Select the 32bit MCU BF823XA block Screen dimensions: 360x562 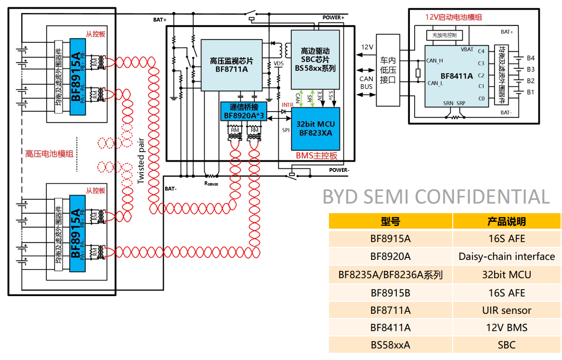point(315,128)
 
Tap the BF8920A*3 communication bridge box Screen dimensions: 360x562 point(244,111)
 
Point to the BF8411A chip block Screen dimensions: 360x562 point(456,76)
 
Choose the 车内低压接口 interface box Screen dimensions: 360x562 point(388,70)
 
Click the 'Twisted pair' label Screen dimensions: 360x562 point(141,162)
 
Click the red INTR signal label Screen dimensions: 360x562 point(288,105)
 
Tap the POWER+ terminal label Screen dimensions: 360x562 point(333,17)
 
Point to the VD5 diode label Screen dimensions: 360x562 point(278,63)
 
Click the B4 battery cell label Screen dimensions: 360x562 point(531,58)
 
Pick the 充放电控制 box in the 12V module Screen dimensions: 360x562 point(444,35)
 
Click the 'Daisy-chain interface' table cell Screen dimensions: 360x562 point(507,257)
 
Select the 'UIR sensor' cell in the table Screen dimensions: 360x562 point(507,310)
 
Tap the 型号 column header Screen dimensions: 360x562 point(390,221)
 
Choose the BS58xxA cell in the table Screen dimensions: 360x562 point(390,345)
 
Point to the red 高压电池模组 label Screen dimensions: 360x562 point(50,154)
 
